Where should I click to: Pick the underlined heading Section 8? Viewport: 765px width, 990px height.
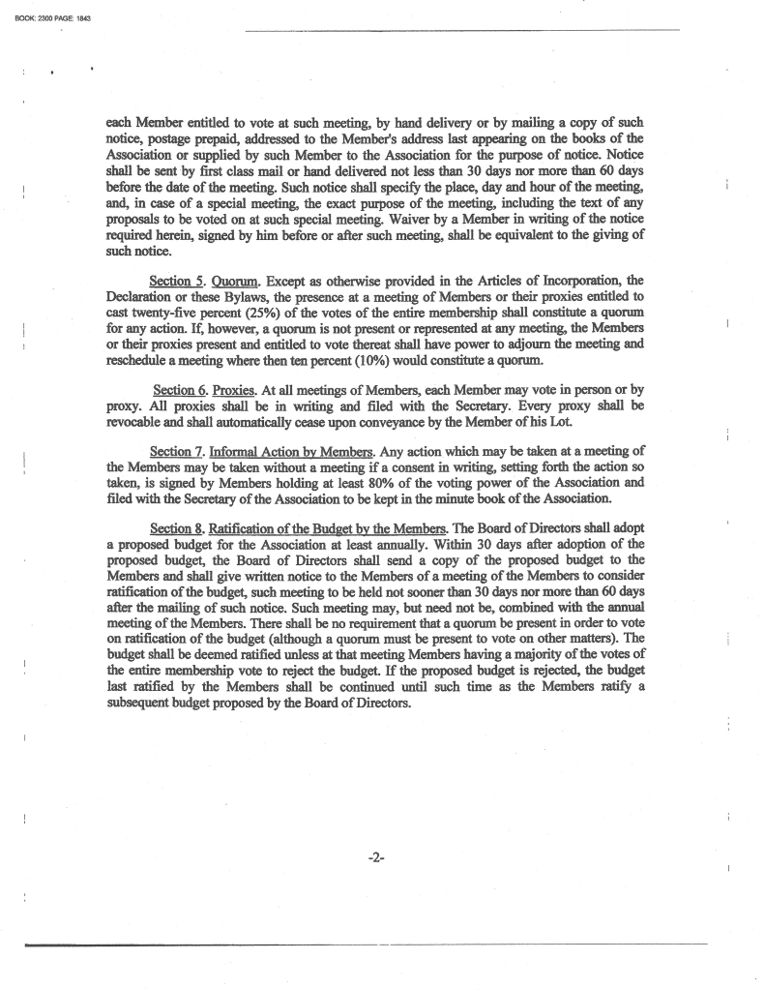pyautogui.click(x=176, y=527)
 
